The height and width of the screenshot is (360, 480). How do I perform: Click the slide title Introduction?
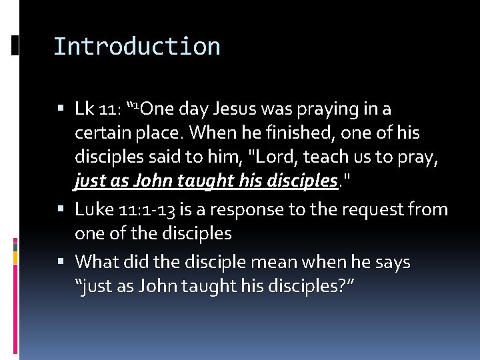137,47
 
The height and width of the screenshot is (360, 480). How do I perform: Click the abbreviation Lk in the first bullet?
84,109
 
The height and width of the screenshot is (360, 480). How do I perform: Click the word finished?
291,133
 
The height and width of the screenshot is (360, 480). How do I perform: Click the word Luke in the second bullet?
93,210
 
